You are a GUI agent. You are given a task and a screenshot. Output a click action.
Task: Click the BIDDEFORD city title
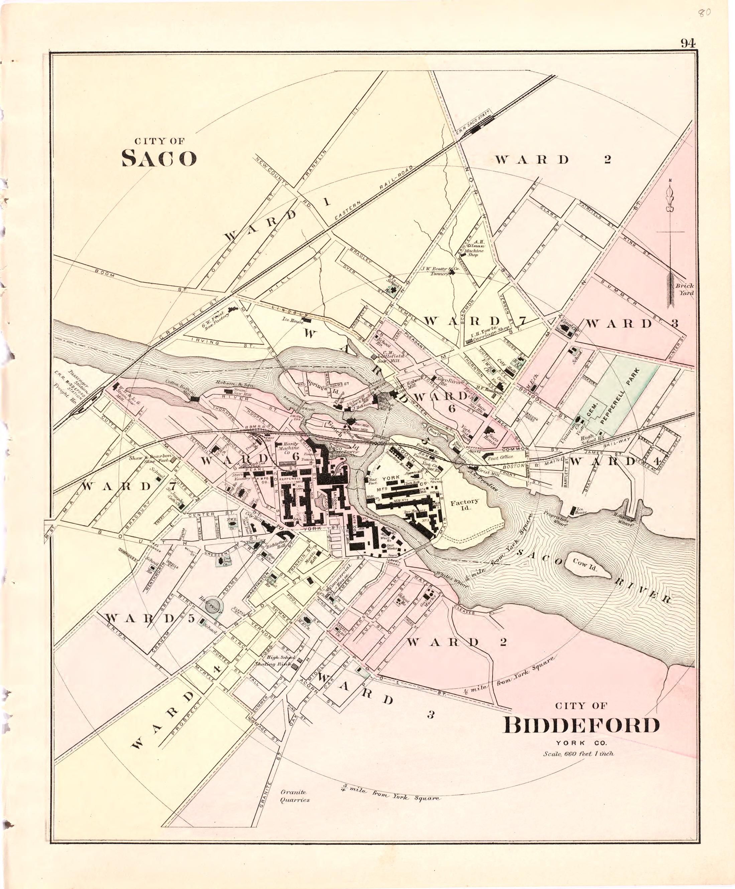click(581, 725)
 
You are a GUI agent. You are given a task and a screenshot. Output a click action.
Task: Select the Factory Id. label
click(464, 505)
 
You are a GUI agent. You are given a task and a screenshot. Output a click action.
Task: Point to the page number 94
click(688, 43)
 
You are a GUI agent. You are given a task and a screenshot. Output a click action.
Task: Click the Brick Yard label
click(684, 289)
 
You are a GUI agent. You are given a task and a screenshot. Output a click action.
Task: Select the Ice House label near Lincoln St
click(294, 321)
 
